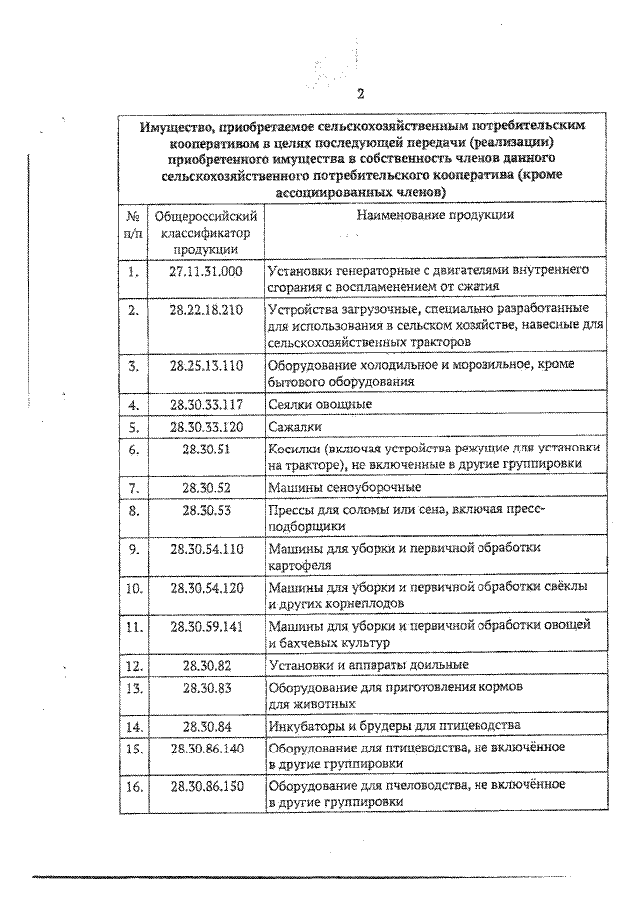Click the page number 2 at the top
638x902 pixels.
361,95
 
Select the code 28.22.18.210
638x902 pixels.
206,310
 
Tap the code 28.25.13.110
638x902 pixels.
206,365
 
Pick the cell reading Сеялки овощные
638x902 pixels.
320,404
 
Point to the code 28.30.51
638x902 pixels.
206,450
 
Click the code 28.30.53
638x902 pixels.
206,510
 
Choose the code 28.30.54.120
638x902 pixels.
206,587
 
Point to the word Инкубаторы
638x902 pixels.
305,726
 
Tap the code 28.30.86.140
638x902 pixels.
206,748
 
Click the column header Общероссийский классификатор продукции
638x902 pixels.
206,232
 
